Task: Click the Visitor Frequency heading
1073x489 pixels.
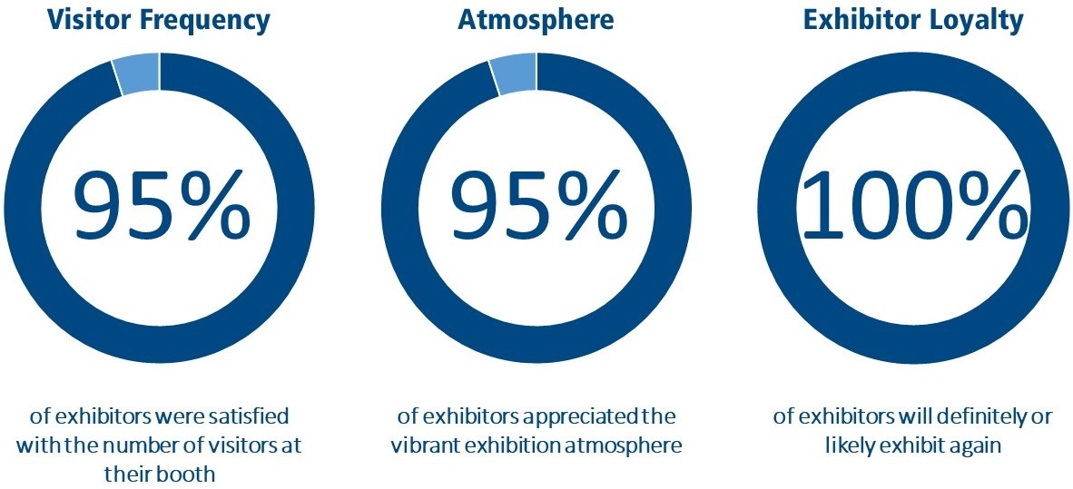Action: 160,20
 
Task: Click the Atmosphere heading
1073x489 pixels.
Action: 536,20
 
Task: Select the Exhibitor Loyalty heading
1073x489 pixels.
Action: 913,20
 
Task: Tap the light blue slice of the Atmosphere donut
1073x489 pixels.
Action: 513,74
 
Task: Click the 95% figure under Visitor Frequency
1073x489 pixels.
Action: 160,208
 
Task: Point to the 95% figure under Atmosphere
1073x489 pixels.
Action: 536,208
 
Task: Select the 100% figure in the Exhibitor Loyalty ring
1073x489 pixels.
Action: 913,208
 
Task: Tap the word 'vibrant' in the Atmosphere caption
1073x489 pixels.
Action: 424,446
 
